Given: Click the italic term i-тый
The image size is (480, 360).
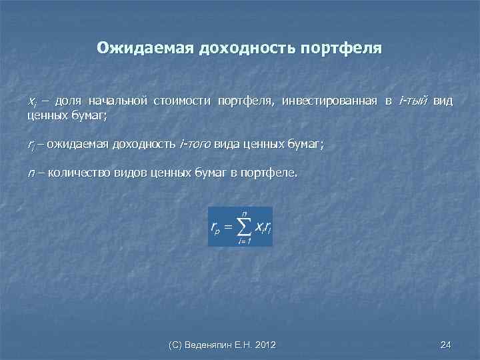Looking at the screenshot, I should (x=412, y=101).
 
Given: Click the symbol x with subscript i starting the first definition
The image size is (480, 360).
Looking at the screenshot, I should (x=32, y=102).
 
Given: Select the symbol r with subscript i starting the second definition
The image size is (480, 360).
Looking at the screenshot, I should (x=31, y=144).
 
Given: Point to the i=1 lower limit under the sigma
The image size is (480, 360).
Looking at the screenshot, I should (x=244, y=241).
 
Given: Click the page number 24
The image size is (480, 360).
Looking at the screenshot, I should (x=446, y=345).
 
